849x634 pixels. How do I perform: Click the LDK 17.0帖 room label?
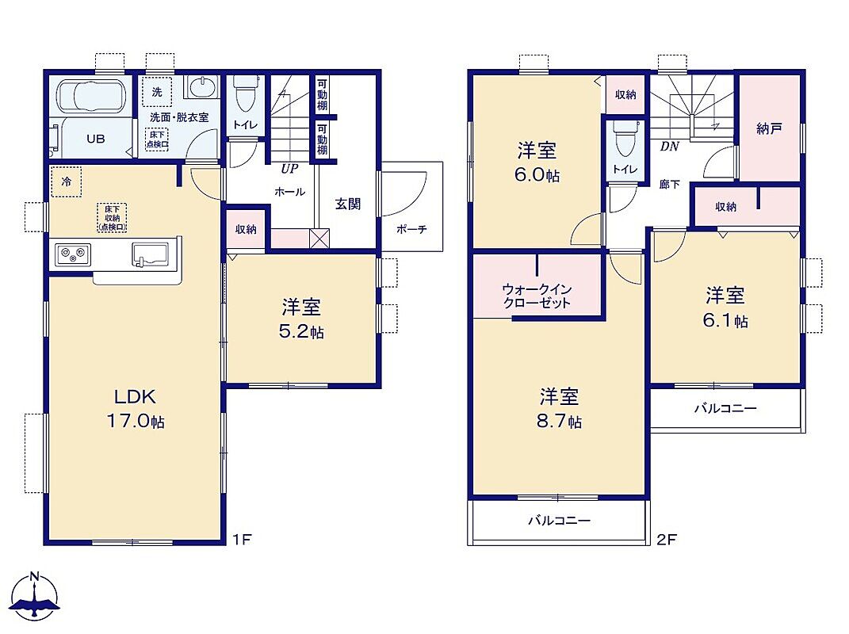[136, 409]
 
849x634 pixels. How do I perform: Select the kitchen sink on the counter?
[150, 254]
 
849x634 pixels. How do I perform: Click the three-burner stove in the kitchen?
[73, 254]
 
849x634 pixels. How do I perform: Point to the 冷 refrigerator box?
[66, 182]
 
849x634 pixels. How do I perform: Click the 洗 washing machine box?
[157, 92]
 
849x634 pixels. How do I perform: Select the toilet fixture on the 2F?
[625, 137]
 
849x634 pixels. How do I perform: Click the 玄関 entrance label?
[348, 204]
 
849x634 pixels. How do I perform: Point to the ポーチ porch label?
[411, 229]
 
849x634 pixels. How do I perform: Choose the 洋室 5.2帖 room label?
[301, 319]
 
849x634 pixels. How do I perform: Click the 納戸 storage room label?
[770, 128]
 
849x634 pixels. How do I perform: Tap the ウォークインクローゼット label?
[537, 296]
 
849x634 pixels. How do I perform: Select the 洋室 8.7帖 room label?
[559, 409]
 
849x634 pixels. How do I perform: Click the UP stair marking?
[289, 168]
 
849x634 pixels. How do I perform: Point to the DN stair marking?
[669, 146]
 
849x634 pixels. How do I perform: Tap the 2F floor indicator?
[667, 539]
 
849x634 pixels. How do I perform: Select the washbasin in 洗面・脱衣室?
[201, 86]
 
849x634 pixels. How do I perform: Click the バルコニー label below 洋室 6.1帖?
[725, 408]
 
